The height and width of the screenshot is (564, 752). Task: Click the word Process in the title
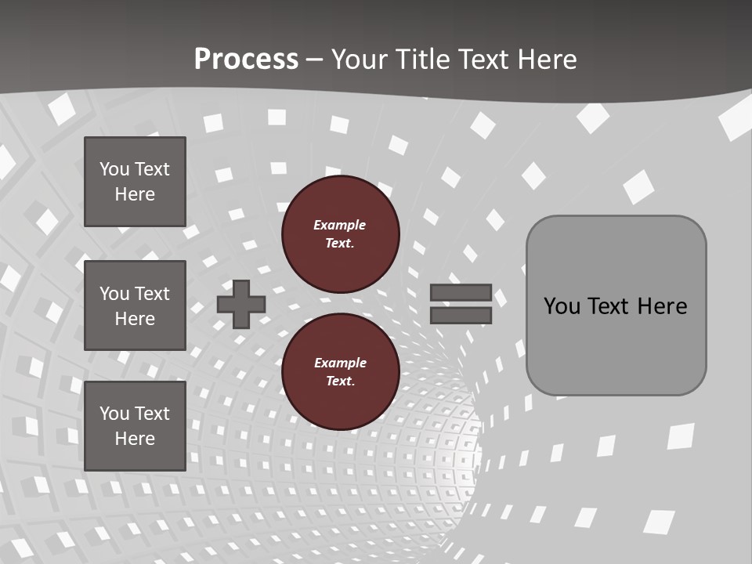[x=246, y=59]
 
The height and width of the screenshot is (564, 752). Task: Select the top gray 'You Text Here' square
[x=135, y=182]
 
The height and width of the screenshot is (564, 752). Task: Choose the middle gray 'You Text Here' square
[x=135, y=305]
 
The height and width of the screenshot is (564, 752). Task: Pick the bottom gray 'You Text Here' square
[x=135, y=425]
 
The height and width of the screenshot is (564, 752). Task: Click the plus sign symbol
[x=241, y=304]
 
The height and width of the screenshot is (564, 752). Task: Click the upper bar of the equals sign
[x=461, y=292]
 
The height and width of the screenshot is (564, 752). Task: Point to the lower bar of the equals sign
[x=461, y=315]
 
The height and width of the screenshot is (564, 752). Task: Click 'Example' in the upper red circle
[x=340, y=225]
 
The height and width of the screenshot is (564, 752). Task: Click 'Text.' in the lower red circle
[x=340, y=381]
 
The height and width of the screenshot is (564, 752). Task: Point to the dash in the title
[x=313, y=60]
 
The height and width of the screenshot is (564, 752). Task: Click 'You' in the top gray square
[x=114, y=169]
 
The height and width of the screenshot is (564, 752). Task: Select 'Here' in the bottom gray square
[x=135, y=439]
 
